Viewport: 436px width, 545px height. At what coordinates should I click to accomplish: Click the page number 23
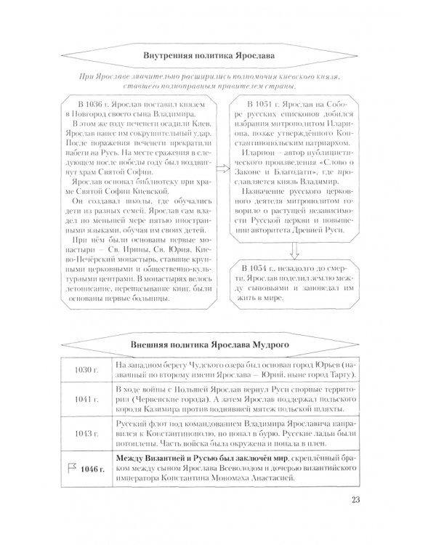[355, 518]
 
